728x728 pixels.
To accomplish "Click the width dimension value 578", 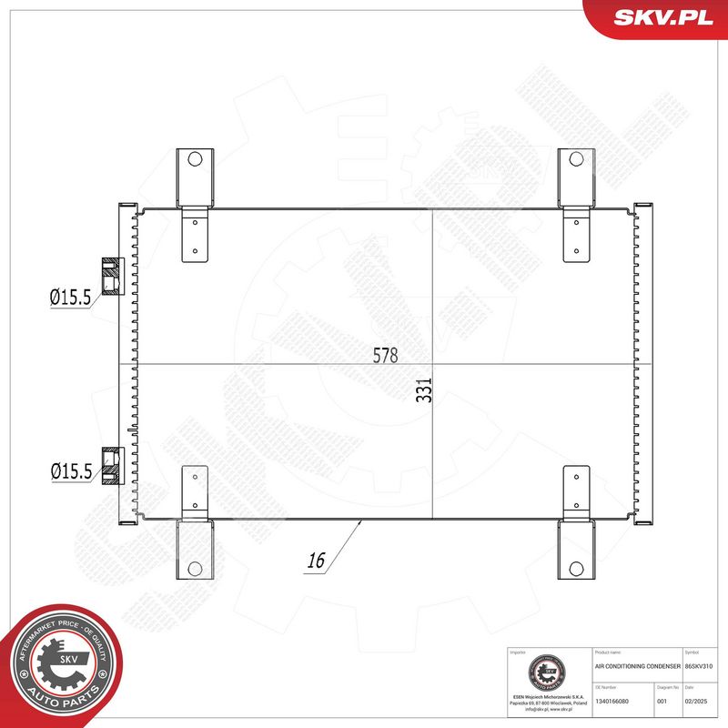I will (x=386, y=355).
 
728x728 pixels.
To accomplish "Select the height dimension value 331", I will (x=424, y=389).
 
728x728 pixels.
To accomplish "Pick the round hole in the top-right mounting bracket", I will (x=575, y=158).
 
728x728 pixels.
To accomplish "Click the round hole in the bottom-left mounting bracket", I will (x=194, y=569).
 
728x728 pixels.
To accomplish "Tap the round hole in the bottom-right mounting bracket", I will (x=575, y=569).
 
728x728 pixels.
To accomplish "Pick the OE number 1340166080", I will (x=618, y=702).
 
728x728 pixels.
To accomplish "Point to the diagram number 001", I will (x=662, y=702).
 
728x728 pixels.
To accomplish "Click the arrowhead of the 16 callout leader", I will (x=362, y=521).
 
